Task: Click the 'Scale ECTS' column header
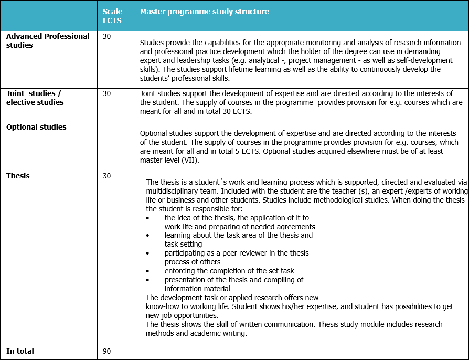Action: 112,16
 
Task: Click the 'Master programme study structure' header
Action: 205,12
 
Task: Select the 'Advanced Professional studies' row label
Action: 48,40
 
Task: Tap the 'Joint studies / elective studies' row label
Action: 35,98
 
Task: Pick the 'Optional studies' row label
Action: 36,127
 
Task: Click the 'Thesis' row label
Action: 18,176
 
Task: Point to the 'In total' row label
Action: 20,351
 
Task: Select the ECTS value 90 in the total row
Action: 107,351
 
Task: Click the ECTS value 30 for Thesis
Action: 107,176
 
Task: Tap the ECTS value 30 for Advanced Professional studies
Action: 107,37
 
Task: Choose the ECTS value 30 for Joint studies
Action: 107,93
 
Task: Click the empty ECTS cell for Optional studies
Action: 115,146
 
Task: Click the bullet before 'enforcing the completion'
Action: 148,271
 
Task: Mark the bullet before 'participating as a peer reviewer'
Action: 148,253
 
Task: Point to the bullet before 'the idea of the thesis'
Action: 148,218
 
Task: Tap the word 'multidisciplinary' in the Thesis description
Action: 176,191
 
